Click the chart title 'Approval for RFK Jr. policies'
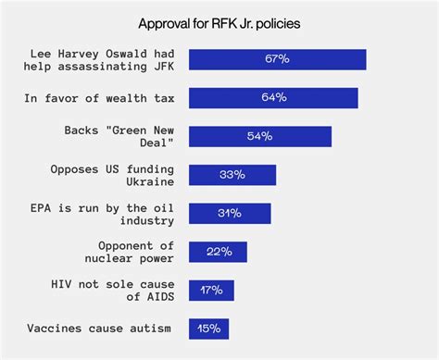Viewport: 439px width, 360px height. click(219, 20)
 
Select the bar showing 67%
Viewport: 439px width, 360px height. click(278, 59)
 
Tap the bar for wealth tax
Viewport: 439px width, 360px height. click(273, 98)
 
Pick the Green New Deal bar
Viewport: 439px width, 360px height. click(260, 136)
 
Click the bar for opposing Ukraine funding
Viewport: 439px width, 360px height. click(232, 175)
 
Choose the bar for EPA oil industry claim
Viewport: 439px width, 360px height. click(230, 213)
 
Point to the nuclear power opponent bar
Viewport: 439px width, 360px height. click(218, 252)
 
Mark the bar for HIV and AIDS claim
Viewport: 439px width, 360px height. click(211, 290)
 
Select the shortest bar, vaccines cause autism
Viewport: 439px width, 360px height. click(208, 329)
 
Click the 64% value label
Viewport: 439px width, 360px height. click(274, 98)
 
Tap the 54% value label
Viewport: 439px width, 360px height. click(260, 136)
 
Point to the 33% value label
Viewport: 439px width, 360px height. click(232, 175)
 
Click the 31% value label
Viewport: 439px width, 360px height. click(230, 213)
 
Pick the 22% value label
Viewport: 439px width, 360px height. click(218, 252)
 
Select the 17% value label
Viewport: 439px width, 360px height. click(211, 290)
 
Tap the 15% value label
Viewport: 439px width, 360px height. click(208, 329)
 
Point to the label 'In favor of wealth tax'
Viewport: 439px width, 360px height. click(102, 98)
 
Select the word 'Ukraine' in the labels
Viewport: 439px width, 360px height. click(148, 181)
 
